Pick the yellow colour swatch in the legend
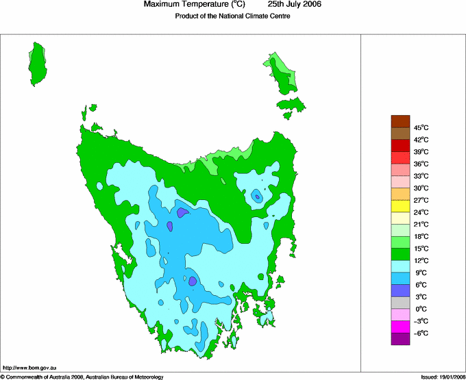(x=400, y=206)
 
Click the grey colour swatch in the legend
(x=400, y=303)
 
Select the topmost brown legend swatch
(x=400, y=121)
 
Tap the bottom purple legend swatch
(x=400, y=339)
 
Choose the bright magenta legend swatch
(x=400, y=327)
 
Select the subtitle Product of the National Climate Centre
(x=233, y=16)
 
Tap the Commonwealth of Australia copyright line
(x=82, y=376)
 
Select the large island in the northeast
(x=282, y=73)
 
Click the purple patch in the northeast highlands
(x=257, y=197)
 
